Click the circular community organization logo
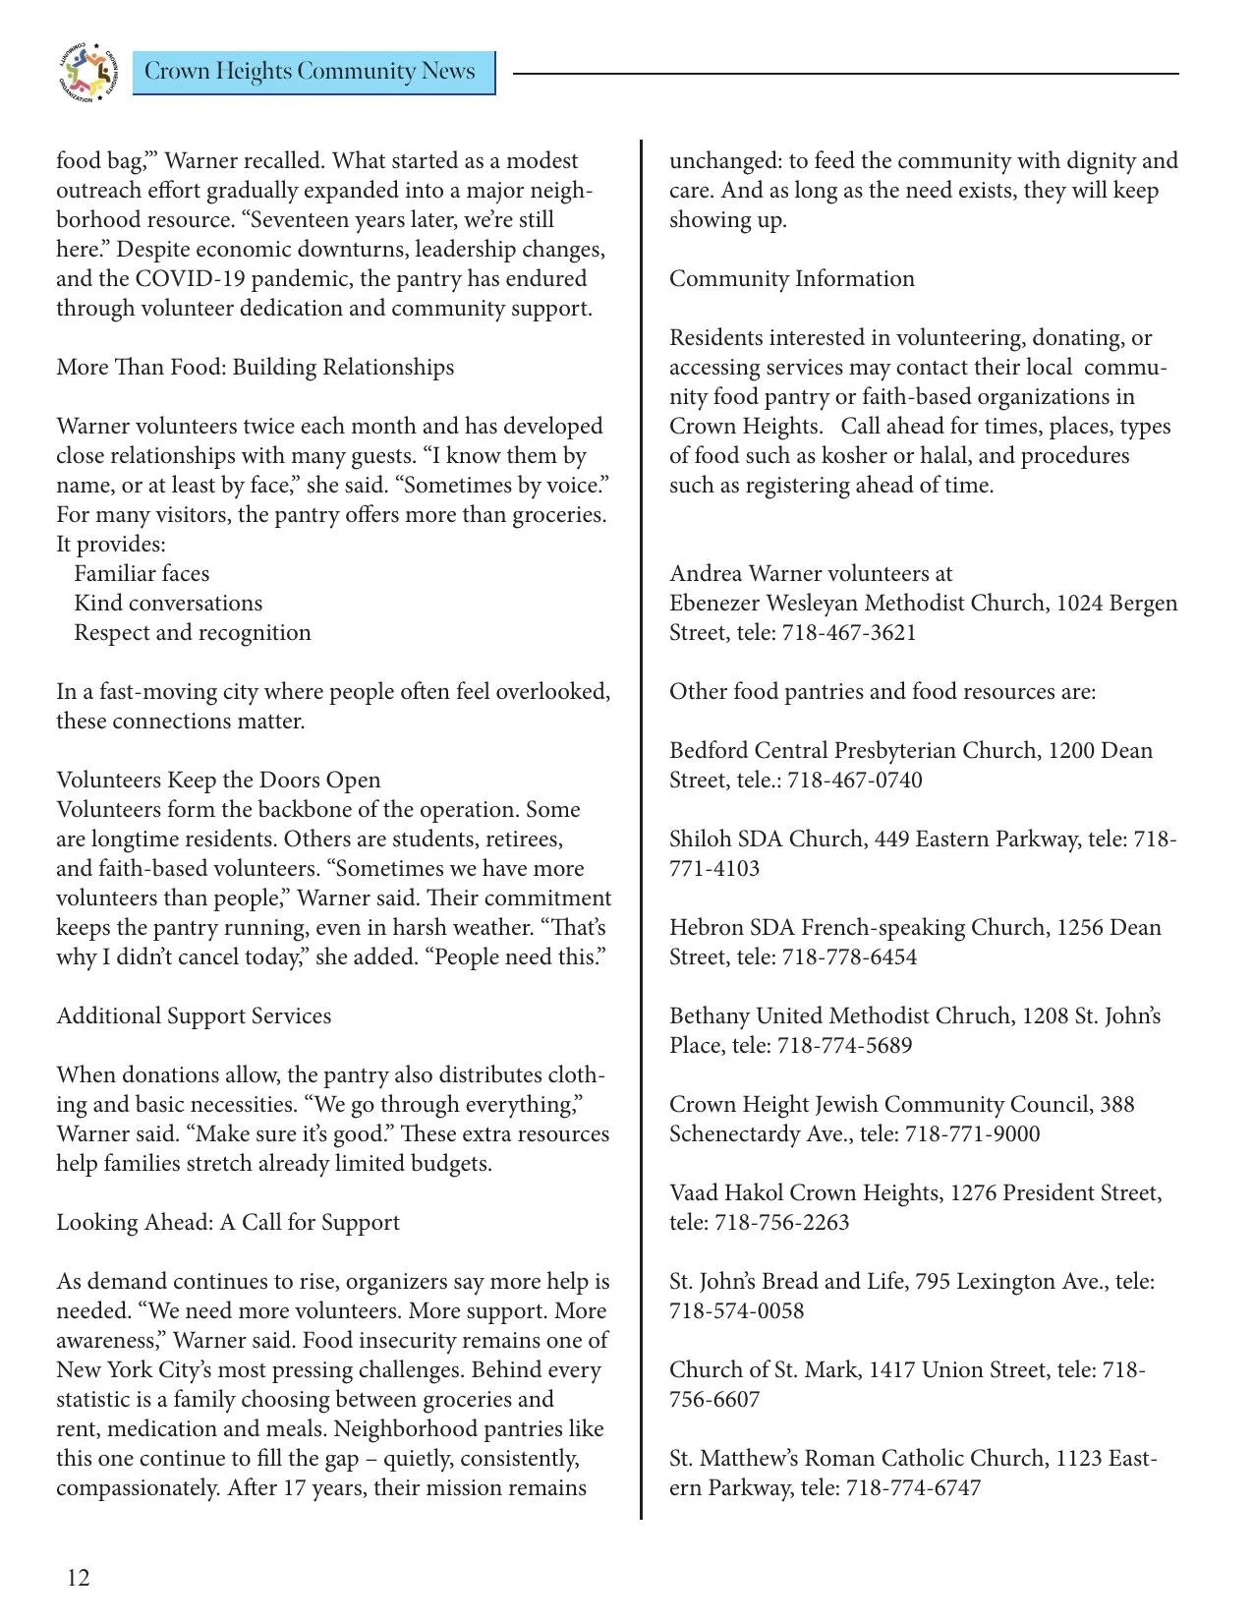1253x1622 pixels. click(87, 73)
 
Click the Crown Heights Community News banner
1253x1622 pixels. click(312, 72)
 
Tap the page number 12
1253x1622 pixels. click(79, 1578)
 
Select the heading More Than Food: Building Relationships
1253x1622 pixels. click(255, 367)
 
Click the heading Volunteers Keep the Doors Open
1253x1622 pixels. click(218, 780)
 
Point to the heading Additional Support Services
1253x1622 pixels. click(194, 1015)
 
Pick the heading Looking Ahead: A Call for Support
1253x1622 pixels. click(228, 1222)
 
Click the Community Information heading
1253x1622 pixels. click(791, 278)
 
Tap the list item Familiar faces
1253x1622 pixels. click(142, 573)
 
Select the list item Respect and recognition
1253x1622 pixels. click(193, 632)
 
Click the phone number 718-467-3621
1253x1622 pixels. click(849, 632)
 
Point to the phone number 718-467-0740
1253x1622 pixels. click(855, 780)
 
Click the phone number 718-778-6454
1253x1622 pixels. click(849, 956)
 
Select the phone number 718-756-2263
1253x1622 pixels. click(782, 1222)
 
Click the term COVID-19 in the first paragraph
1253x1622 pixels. click(195, 278)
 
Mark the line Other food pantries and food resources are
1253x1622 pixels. click(882, 691)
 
